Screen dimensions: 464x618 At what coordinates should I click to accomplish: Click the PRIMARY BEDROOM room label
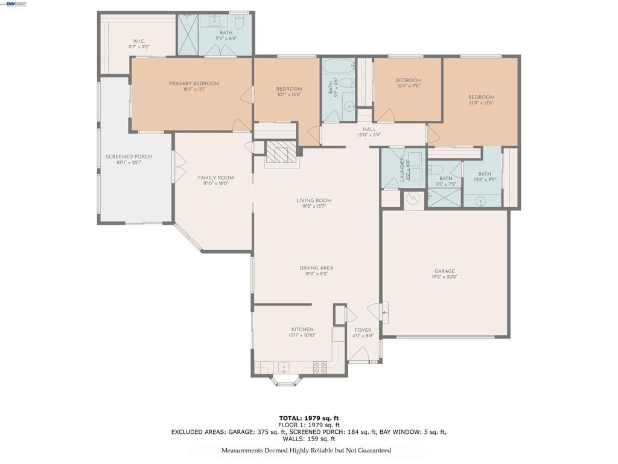coord(194,83)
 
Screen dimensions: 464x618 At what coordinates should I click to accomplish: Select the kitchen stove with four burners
coord(320,366)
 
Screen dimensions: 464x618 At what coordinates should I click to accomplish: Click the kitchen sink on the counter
coord(282,366)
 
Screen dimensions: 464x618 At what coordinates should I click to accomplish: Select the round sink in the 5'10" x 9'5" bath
coord(482,201)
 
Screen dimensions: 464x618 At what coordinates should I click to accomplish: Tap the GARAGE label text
coord(445,271)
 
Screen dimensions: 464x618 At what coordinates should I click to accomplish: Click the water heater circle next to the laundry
coord(414,198)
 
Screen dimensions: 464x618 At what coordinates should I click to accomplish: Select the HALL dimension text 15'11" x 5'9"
coord(369,135)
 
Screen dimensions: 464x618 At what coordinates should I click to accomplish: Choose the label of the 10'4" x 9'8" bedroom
coord(408,80)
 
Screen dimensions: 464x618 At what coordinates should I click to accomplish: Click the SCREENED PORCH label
coord(129,156)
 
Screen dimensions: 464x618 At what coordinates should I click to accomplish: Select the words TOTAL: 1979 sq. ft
coord(308,417)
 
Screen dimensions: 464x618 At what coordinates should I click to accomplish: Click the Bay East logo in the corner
coord(16,4)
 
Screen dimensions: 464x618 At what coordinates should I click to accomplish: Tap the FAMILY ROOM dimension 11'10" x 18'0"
coord(215,184)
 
